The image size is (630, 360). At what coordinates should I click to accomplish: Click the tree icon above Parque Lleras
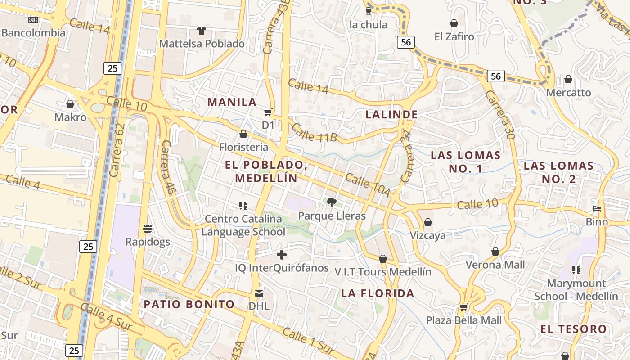pos(332,202)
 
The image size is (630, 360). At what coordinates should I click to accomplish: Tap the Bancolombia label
pos(33,32)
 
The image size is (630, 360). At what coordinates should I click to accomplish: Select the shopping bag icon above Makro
pos(70,104)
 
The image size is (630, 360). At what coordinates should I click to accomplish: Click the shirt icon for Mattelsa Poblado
pos(201,31)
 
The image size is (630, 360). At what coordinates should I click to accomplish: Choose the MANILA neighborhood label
pos(231,102)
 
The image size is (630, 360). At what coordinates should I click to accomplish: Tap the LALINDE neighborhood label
pos(391,114)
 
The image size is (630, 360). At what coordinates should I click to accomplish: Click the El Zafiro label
pos(454,36)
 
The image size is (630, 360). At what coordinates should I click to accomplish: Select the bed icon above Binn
pos(597,209)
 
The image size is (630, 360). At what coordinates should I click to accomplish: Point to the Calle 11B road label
pos(314,132)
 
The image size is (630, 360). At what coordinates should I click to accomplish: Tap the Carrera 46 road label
pos(167,167)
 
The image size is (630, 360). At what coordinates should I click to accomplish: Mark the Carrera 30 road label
pos(499,114)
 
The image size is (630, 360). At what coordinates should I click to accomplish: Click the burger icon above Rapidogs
pos(148,228)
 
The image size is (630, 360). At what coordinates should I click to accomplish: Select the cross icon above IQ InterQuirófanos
pos(282,255)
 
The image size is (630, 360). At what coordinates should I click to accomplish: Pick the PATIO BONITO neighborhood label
pos(189,304)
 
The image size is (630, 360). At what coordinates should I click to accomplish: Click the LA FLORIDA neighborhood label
pos(378,293)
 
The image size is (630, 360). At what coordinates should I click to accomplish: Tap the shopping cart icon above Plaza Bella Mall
pos(463,307)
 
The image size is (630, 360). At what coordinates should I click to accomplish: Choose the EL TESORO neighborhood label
pos(573,329)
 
